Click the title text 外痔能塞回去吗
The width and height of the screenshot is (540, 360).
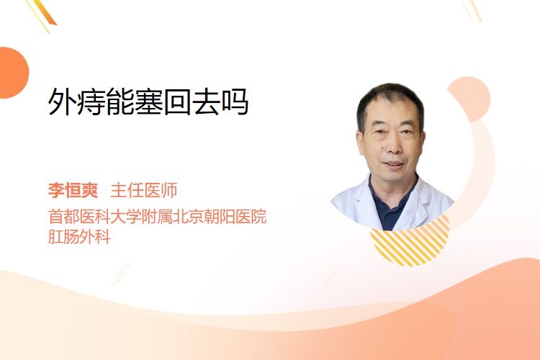coord(148,102)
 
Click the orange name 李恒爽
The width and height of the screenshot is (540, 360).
coord(73,191)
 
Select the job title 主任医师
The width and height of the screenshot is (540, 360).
coord(143,191)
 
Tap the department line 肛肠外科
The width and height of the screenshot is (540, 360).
coord(79,237)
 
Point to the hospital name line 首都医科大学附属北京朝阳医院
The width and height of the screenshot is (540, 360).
coord(158,217)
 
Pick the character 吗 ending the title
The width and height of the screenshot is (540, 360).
coord(235,102)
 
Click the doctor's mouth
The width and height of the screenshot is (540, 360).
coord(393,165)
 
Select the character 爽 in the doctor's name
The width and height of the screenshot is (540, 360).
coord(90,191)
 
